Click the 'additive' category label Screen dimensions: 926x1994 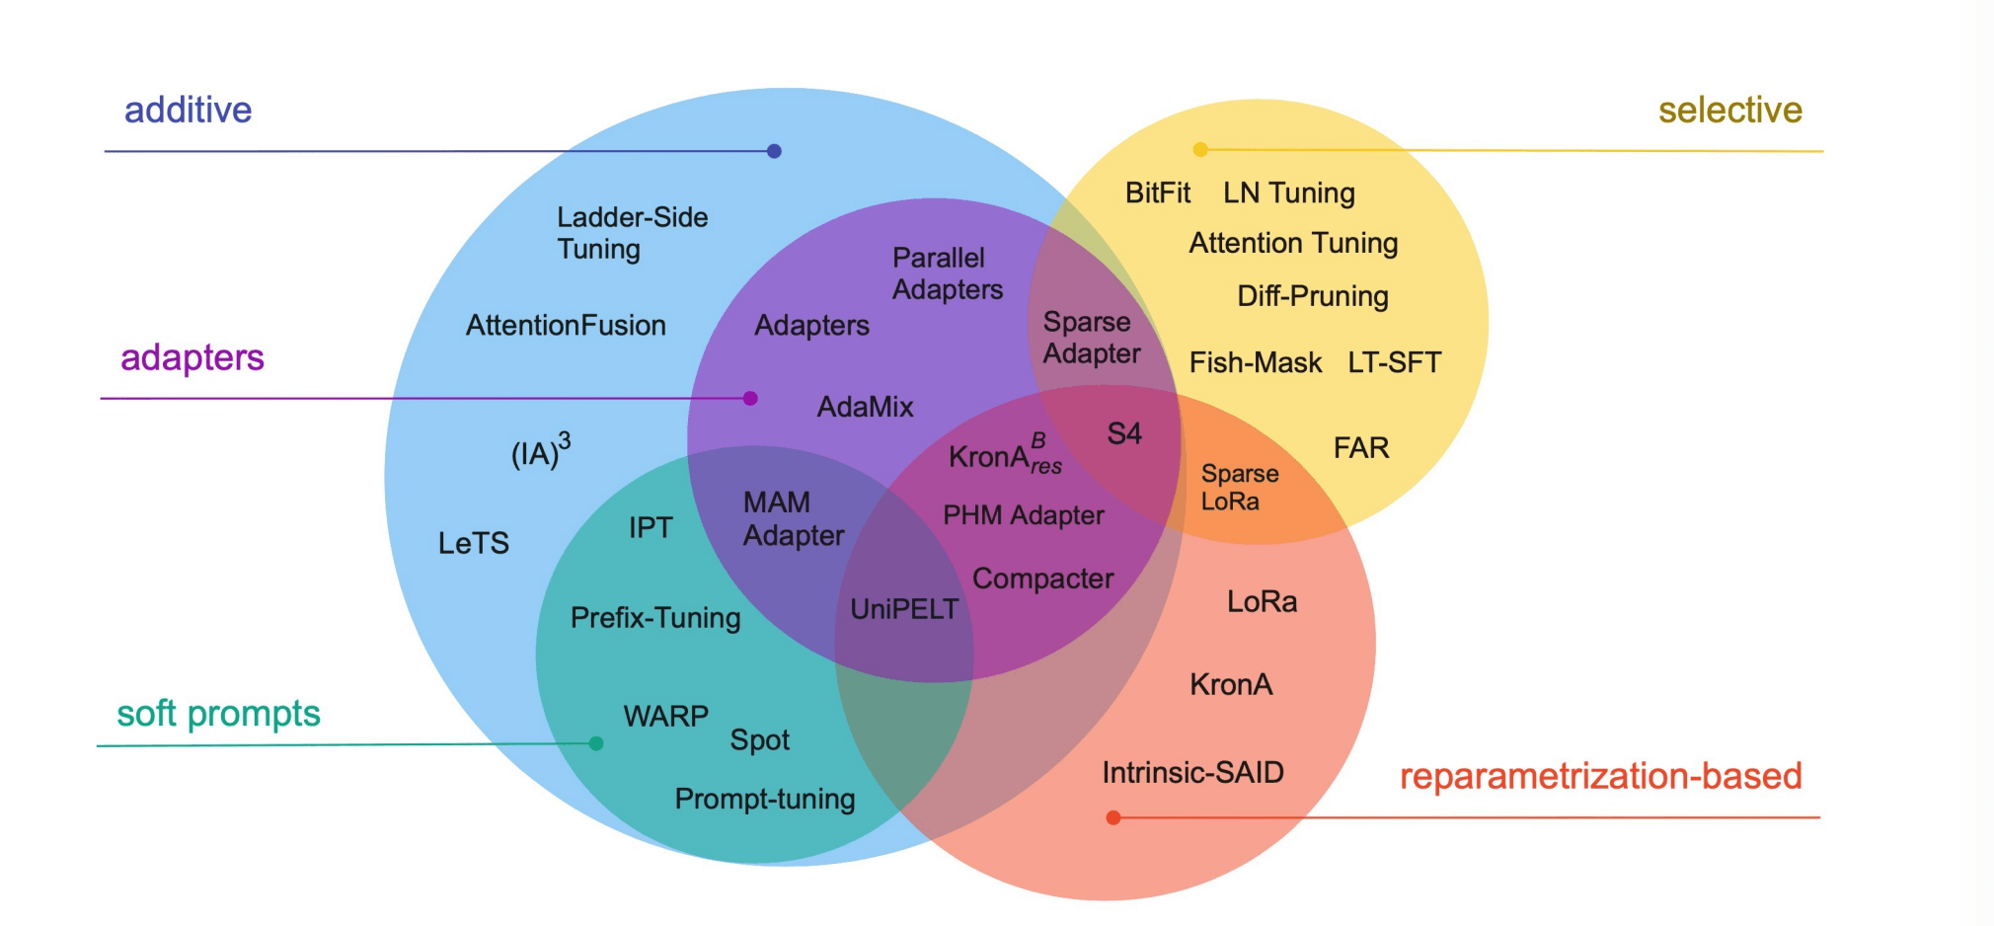188,110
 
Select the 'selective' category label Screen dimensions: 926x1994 1729,110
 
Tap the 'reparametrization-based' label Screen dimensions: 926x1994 1600,776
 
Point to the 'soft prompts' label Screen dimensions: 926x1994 218,713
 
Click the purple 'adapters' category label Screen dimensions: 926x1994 192,357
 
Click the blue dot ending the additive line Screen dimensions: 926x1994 774,151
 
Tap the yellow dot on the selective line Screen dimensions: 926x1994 1200,149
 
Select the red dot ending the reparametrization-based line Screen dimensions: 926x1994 1113,817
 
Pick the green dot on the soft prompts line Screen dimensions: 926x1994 596,743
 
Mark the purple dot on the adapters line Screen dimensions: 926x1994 750,398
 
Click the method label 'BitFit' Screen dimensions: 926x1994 1157,193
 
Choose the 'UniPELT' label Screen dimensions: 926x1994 904,609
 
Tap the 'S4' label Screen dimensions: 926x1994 1124,433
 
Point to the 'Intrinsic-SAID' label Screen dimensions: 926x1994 1192,772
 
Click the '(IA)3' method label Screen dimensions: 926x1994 540,452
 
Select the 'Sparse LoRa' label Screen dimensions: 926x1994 1239,488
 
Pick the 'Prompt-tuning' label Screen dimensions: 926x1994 764,799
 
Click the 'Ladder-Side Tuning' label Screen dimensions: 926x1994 632,233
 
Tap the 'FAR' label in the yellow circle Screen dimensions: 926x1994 1361,448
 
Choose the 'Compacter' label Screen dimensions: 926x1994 1042,579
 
